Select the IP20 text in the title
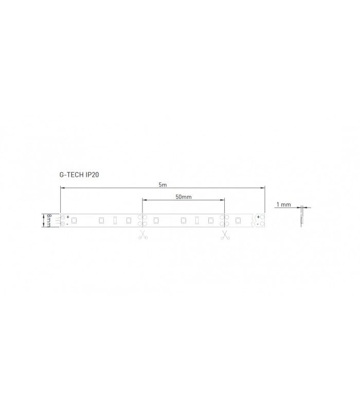(93, 175)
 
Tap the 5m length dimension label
(163, 185)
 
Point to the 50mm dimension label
(184, 197)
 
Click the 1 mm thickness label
(284, 204)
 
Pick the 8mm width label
(49, 220)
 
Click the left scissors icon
(143, 235)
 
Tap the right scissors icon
(225, 235)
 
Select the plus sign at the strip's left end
(68, 217)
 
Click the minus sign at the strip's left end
(67, 224)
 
